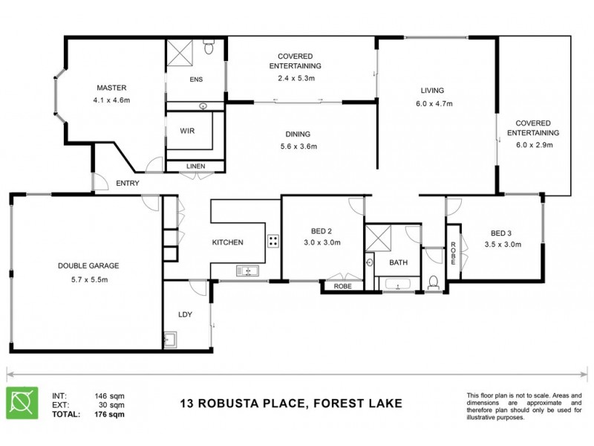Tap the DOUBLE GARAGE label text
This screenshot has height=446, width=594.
tap(88, 265)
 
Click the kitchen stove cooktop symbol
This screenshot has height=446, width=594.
tap(272, 240)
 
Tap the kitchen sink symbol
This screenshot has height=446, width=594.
tap(246, 271)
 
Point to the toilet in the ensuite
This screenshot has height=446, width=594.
tap(209, 49)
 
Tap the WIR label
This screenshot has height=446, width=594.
tap(187, 130)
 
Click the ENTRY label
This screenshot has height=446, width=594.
tap(128, 183)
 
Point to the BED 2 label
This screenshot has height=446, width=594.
tap(322, 230)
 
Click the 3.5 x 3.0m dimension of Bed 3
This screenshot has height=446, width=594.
tap(503, 243)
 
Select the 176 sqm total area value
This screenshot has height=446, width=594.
tap(110, 414)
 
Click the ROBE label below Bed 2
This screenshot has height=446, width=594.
tap(342, 285)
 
